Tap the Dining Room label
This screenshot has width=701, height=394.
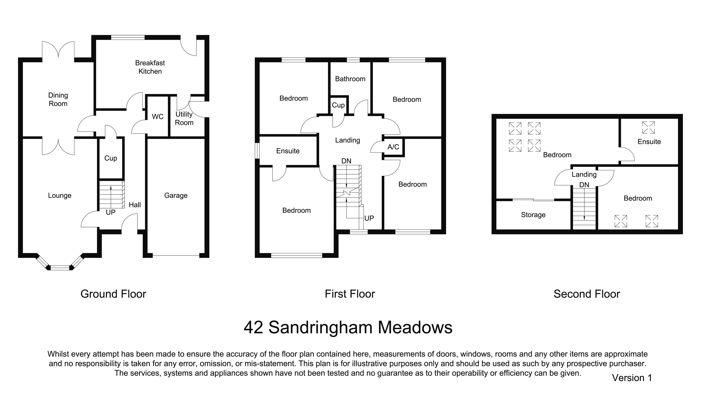tap(58, 99)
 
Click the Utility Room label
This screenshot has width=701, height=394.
tap(184, 118)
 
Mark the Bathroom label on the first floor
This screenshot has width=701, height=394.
tap(350, 79)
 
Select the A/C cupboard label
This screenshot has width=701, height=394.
tap(393, 147)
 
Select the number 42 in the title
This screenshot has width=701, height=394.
tap(253, 327)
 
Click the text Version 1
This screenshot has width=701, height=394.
tap(632, 378)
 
